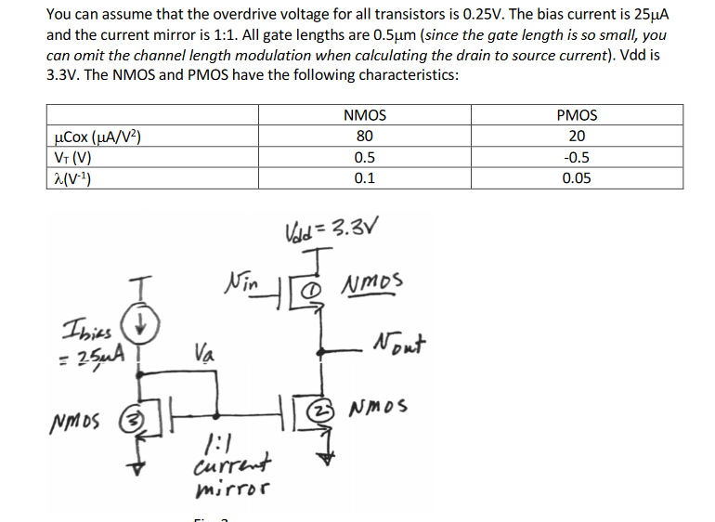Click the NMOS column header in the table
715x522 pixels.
(365, 116)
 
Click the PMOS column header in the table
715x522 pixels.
(577, 116)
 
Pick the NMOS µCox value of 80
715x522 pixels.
(365, 137)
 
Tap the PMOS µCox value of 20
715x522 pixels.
(577, 137)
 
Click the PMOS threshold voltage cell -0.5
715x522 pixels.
(577, 158)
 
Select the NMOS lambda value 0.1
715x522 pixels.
(365, 178)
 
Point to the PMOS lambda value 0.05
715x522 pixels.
(577, 178)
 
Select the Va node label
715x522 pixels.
(206, 353)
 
